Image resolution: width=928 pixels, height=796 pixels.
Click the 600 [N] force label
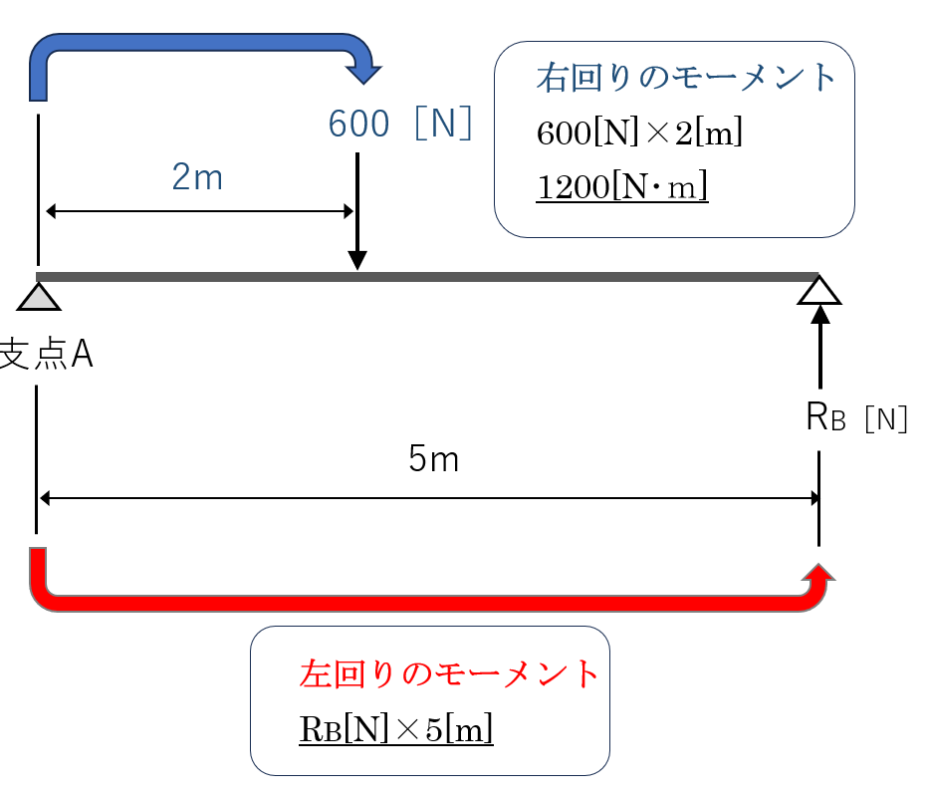pyautogui.click(x=399, y=124)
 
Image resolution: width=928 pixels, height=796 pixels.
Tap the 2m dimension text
pyautogui.click(x=197, y=177)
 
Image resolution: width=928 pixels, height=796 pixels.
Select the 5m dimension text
pyautogui.click(x=433, y=459)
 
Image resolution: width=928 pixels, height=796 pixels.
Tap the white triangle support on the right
pyautogui.click(x=819, y=290)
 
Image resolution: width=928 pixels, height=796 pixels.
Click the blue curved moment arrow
pyautogui.click(x=199, y=49)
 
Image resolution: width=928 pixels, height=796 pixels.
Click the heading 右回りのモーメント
pyautogui.click(x=685, y=79)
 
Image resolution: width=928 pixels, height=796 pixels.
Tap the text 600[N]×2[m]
pyautogui.click(x=639, y=133)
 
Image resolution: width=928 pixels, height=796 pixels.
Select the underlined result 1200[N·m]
pyautogui.click(x=621, y=186)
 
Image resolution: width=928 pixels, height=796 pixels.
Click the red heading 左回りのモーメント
pyautogui.click(x=449, y=674)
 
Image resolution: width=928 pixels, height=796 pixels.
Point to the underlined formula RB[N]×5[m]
pyautogui.click(x=396, y=729)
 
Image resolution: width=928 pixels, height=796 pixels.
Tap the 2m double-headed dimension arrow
pyautogui.click(x=199, y=211)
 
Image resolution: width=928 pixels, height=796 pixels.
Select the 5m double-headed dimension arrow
pyautogui.click(x=428, y=497)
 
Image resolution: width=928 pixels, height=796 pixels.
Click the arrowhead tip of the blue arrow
pyautogui.click(x=363, y=79)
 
